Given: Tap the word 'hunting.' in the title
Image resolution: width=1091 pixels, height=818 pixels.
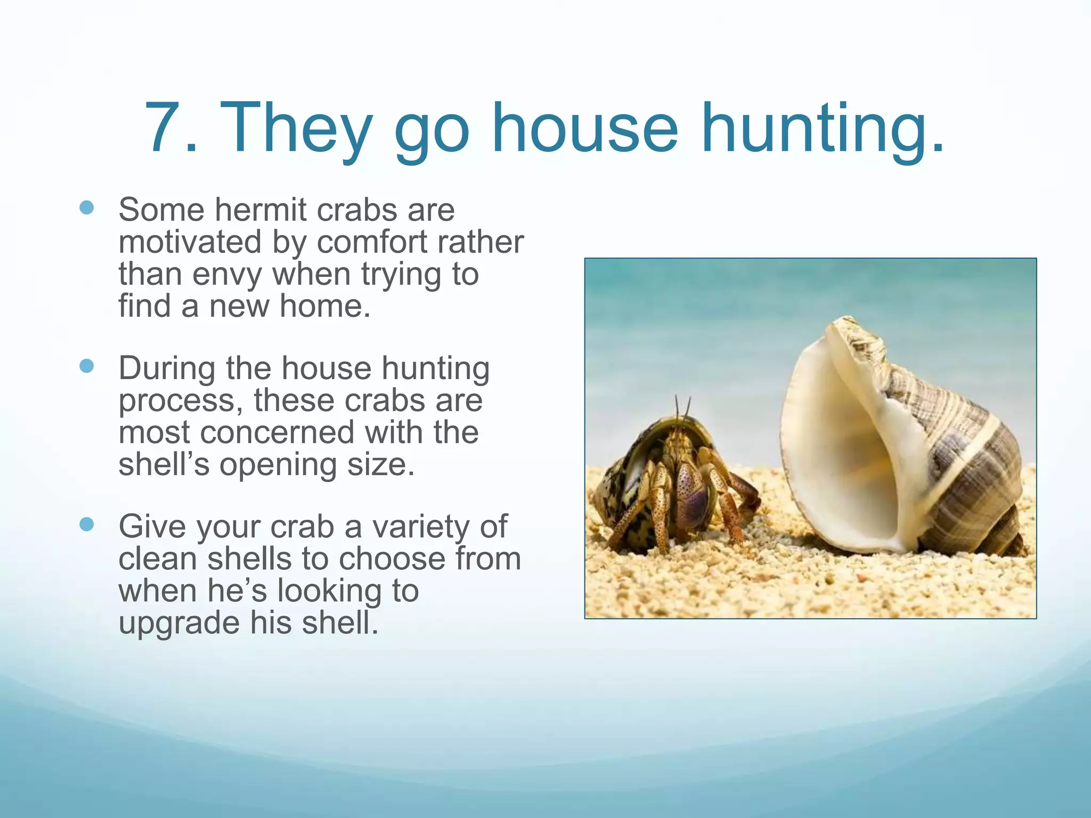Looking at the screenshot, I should tap(823, 130).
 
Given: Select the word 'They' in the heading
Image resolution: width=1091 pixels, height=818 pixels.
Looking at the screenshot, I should tap(296, 130).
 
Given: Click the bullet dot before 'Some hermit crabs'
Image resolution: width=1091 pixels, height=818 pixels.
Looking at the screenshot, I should tap(86, 207).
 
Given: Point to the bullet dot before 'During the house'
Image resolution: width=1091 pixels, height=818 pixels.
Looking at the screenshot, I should tap(86, 366).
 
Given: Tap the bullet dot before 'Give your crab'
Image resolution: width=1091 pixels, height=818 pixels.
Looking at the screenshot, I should tap(86, 525).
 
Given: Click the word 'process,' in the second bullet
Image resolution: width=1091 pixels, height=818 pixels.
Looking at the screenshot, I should tap(181, 401).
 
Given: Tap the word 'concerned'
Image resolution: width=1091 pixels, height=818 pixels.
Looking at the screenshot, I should tap(277, 432).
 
